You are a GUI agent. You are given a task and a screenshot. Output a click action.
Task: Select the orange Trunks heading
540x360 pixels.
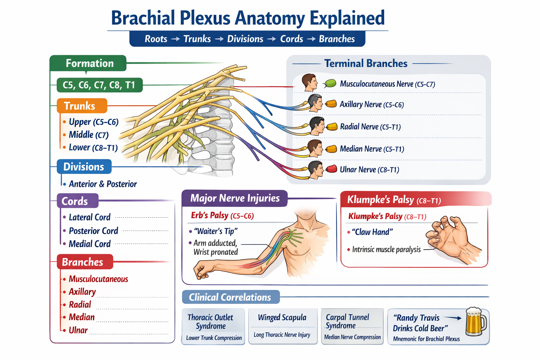pos(82,106)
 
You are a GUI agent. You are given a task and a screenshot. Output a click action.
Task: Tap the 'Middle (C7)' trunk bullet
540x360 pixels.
pos(89,135)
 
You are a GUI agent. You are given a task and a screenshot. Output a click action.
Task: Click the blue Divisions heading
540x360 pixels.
pos(84,167)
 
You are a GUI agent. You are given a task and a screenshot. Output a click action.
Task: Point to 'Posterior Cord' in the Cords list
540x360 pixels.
pos(93,231)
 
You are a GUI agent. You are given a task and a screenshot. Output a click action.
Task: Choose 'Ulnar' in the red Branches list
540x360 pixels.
pos(78,330)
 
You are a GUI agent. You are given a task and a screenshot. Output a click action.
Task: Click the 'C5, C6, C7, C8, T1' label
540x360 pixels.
pos(99,85)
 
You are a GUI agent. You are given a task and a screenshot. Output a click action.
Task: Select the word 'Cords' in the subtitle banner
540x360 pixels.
pos(291,39)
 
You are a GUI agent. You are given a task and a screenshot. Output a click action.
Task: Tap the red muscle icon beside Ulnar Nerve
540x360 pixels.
pos(331,169)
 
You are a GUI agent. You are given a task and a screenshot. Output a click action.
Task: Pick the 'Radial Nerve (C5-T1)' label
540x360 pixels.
pos(370,127)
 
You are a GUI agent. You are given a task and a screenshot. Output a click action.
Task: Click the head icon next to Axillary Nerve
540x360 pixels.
pos(315,103)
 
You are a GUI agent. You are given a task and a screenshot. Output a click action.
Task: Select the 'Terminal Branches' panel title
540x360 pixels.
pos(366,63)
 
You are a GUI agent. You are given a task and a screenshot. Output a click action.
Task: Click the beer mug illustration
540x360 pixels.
pos(476,322)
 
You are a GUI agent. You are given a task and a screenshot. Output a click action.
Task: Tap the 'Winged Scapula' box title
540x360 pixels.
pos(282,317)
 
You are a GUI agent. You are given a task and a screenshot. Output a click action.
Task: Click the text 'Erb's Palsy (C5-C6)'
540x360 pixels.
pos(222,216)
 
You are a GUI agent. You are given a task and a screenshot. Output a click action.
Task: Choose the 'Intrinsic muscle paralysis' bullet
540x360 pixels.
pos(386,250)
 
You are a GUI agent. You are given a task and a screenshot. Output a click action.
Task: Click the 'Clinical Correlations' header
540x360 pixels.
pos(230,297)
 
